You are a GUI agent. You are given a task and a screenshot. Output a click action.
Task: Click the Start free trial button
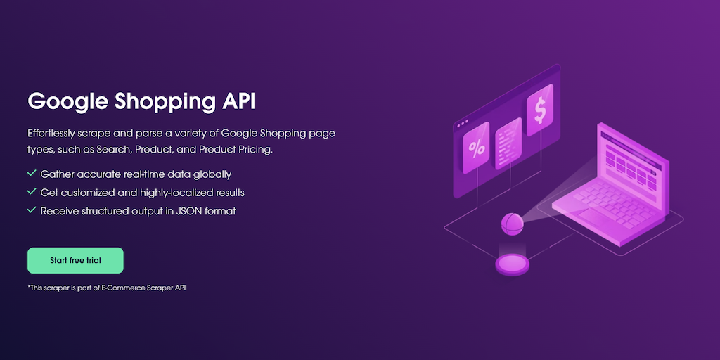pos(75,260)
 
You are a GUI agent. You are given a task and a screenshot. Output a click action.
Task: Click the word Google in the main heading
pos(67,102)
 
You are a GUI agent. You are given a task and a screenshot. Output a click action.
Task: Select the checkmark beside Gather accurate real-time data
pos(32,174)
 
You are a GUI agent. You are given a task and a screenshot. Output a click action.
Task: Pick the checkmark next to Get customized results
pos(32,191)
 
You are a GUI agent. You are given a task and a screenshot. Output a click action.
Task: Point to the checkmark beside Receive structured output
pos(32,210)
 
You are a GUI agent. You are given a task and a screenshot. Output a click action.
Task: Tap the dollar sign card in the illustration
pos(540,110)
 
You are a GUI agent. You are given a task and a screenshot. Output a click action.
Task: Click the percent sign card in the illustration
pos(476,148)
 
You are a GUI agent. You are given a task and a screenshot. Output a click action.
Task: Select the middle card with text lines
pos(508,143)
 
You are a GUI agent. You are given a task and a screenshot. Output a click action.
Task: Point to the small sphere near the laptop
pos(512,224)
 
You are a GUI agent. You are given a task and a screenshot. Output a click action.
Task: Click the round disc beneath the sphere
pos(512,265)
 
